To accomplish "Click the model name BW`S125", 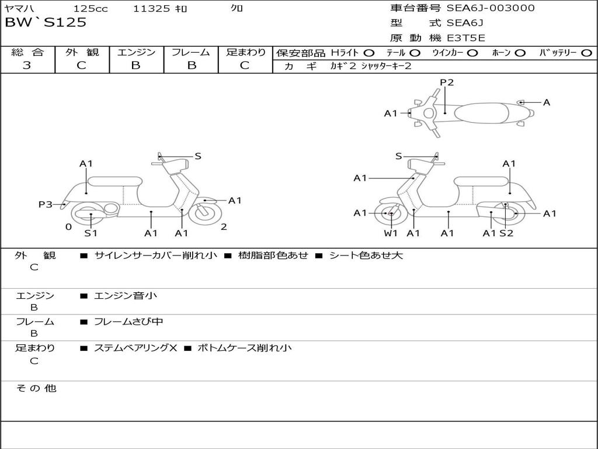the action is click(46, 23).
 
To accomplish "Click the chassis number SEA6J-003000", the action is click(490, 8).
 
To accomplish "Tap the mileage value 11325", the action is click(151, 8).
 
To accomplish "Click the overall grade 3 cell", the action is click(27, 65).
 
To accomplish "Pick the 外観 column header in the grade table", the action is click(82, 52).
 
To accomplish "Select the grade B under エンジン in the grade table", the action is click(136, 65).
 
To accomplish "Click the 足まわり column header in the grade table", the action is click(245, 52).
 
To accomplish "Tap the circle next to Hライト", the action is click(368, 53).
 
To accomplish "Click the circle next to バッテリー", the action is click(586, 53).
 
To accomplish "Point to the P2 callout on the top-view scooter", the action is click(447, 82).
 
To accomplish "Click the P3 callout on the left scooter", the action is click(46, 204).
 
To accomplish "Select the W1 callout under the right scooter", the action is click(391, 233).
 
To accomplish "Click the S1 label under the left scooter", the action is click(91, 233).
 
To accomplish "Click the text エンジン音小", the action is click(126, 296).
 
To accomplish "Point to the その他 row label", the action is click(36, 388).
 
